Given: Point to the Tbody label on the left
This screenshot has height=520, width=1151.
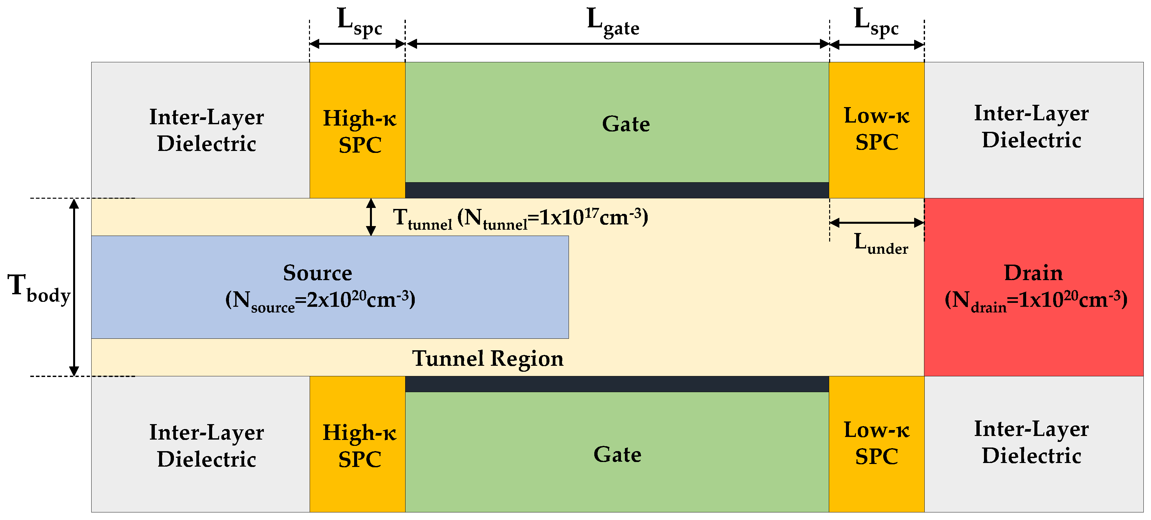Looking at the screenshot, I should pos(39,288).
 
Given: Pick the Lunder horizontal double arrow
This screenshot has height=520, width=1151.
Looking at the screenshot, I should pos(876,223).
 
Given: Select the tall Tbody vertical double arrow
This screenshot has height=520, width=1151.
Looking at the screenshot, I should pos(74,287).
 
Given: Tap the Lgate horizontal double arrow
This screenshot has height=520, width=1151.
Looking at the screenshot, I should pos(617,44).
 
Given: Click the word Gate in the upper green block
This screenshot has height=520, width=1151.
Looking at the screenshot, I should pos(626,124).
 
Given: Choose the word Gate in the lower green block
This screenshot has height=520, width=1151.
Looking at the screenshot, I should pos(617,454).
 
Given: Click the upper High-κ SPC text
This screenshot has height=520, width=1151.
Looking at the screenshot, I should pos(359,131).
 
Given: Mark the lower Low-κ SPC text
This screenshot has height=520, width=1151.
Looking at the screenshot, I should pos(876,443).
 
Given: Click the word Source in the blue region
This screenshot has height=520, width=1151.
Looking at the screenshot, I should pos(317,273).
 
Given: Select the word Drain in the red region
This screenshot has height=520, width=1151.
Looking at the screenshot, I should pos(1033,273).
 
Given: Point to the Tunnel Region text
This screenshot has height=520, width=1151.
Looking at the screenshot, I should pos(488,359).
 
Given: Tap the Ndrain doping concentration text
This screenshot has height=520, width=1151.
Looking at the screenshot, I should pos(1035,300).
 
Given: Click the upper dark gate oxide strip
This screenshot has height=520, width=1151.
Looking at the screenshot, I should pos(617,190).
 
